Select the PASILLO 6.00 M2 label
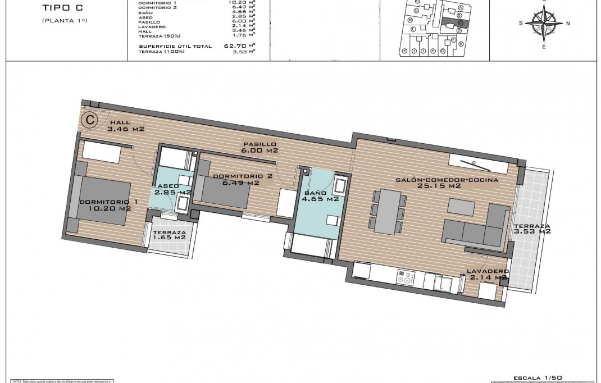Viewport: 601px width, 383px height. (259, 147)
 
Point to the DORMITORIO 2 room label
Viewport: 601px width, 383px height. (242, 179)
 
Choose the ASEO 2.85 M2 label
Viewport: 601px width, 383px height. (169, 189)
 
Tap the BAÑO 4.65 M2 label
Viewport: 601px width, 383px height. (320, 194)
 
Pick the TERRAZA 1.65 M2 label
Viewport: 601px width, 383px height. (169, 234)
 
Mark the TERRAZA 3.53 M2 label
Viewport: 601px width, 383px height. (531, 228)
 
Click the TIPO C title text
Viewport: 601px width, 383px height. (58, 8)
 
